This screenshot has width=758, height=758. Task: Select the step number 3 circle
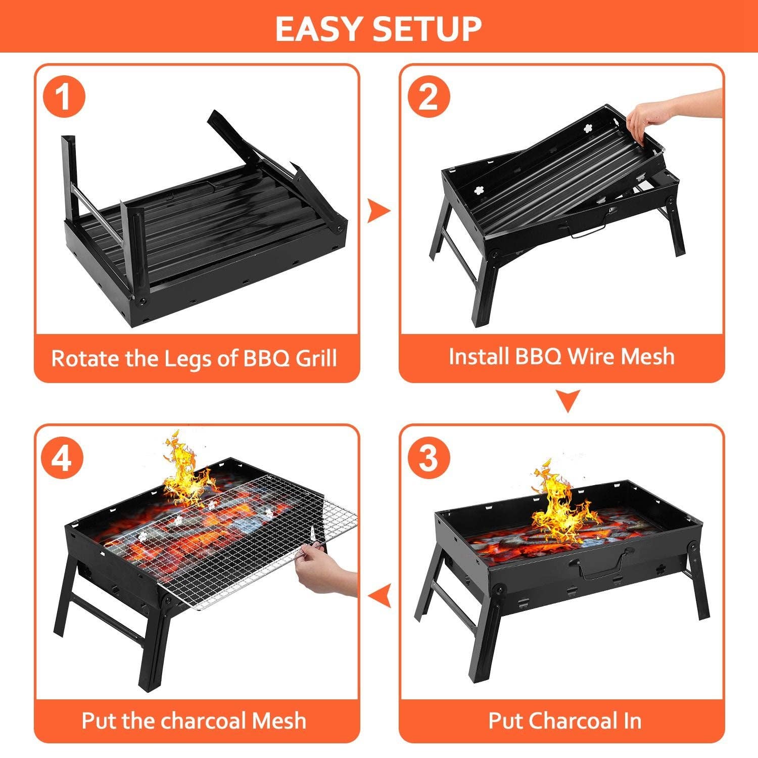(x=429, y=458)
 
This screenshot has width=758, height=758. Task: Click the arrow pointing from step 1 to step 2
(x=378, y=211)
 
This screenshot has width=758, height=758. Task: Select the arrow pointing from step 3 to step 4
(x=380, y=597)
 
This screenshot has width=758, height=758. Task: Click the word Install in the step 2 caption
(x=478, y=356)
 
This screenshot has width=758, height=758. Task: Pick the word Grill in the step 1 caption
(x=316, y=358)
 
